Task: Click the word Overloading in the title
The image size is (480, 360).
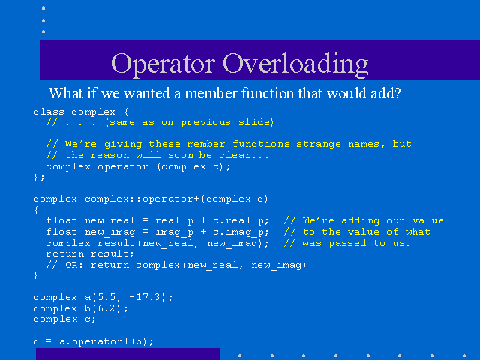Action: (x=295, y=64)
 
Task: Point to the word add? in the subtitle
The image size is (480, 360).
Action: (x=385, y=93)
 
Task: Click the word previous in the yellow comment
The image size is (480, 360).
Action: (x=205, y=123)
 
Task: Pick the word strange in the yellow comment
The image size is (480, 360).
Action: (x=318, y=144)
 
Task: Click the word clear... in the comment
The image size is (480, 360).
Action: (x=244, y=155)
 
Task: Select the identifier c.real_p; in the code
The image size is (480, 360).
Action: (x=241, y=221)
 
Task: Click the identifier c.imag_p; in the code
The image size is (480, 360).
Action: (x=241, y=232)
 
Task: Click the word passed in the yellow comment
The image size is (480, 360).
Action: (x=347, y=243)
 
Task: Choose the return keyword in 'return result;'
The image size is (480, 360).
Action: (x=65, y=254)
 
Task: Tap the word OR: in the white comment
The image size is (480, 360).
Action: (x=74, y=265)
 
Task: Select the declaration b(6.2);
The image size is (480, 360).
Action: (x=106, y=308)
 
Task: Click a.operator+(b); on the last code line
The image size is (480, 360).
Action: (x=106, y=341)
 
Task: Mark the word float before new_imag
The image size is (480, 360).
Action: (x=61, y=232)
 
